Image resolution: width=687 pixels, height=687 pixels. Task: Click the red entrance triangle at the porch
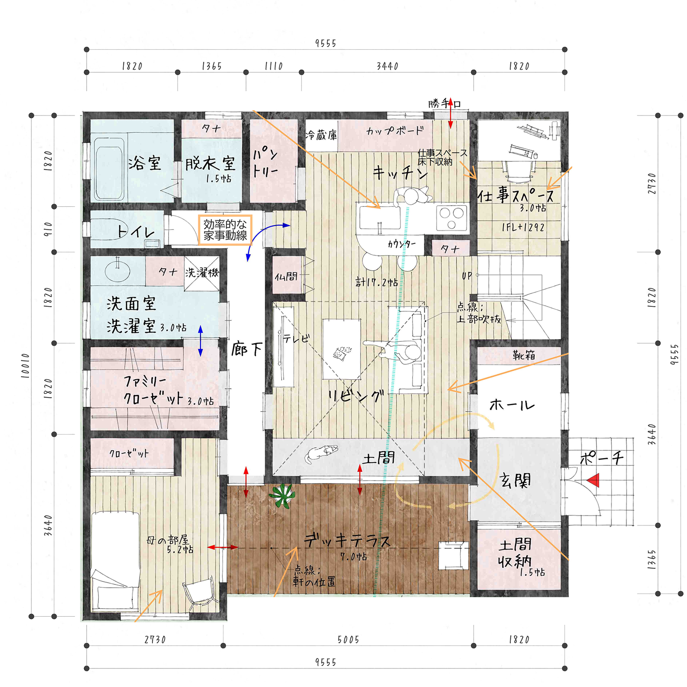(594, 481)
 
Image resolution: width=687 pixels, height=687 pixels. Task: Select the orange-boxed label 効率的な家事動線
(225, 230)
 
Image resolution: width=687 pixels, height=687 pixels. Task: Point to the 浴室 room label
(145, 163)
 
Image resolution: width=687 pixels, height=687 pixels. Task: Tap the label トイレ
(136, 232)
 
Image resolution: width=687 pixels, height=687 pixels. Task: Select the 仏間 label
(286, 277)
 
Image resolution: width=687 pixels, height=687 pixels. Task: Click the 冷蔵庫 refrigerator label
(321, 135)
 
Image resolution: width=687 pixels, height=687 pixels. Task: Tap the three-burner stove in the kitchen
(451, 218)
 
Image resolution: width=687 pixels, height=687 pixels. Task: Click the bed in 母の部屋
(116, 562)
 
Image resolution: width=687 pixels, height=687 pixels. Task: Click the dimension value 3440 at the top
(387, 66)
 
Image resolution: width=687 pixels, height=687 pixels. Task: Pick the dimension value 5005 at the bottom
(348, 639)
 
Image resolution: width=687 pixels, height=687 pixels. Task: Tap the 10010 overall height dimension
(26, 365)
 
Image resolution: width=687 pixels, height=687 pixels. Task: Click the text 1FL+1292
(523, 227)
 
